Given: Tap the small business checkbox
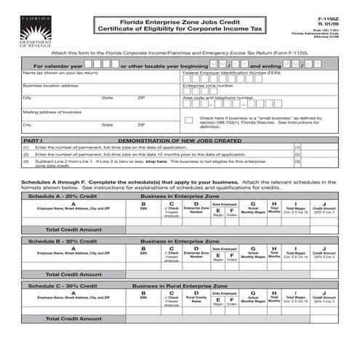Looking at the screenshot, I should click(188, 119).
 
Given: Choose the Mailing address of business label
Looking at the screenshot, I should click(52, 112).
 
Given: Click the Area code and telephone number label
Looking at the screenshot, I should click(217, 97).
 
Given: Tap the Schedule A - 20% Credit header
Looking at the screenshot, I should click(62, 196).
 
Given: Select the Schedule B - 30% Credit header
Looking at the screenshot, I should click(62, 240).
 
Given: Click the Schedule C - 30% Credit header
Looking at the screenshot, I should click(62, 286).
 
